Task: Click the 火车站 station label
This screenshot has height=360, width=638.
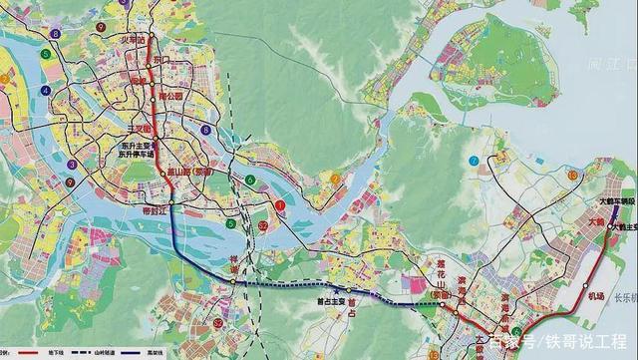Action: (x=132, y=41)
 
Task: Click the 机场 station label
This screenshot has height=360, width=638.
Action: (x=596, y=296)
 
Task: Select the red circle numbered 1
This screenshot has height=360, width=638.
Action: (x=281, y=206)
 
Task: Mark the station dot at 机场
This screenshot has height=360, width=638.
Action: (x=578, y=295)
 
